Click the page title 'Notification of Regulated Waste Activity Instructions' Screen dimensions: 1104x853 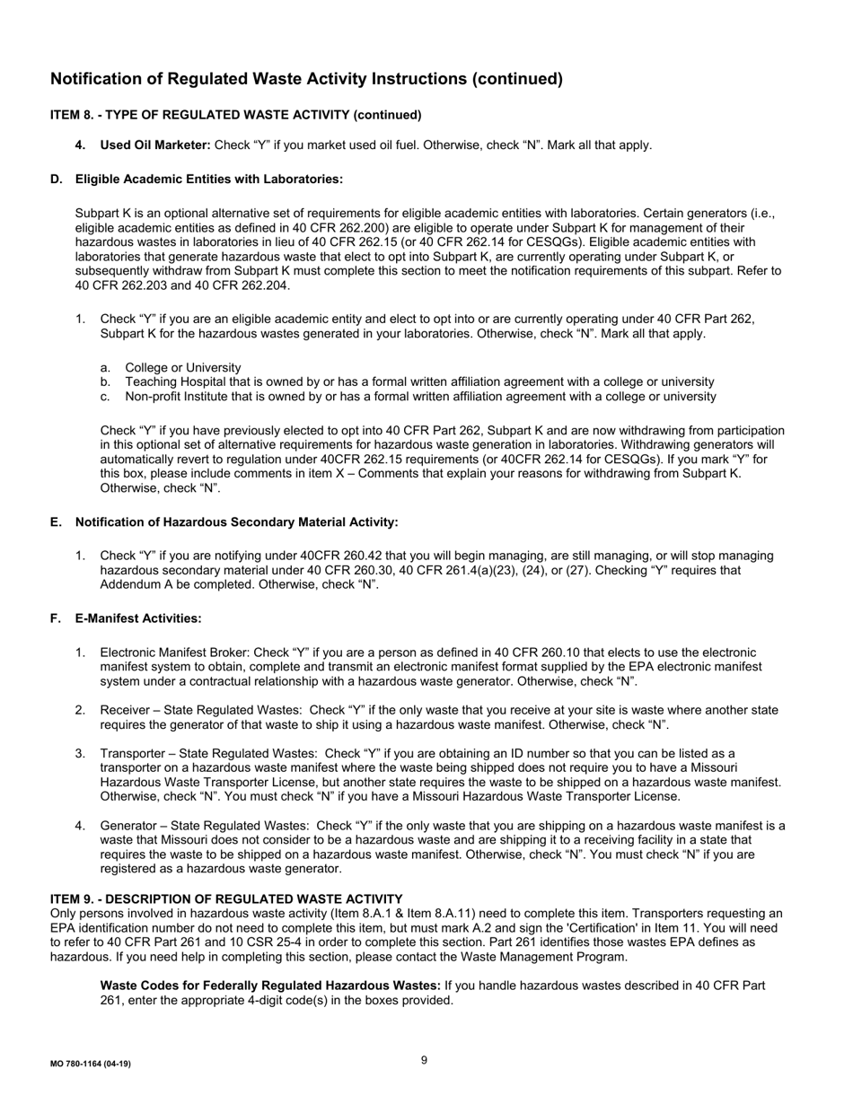pos(306,79)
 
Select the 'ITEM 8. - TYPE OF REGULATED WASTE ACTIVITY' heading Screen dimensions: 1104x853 pos(235,115)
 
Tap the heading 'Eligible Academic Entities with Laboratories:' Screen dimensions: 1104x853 pos(208,180)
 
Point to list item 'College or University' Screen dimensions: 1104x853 pos(182,367)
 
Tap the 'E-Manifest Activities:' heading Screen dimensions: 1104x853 pos(138,618)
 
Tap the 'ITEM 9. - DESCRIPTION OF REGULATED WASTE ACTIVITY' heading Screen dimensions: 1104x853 pos(226,899)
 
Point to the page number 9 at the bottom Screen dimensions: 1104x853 pos(424,1060)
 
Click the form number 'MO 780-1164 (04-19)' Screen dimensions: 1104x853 pos(90,1064)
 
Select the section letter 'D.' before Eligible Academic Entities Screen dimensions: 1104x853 pos(57,180)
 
